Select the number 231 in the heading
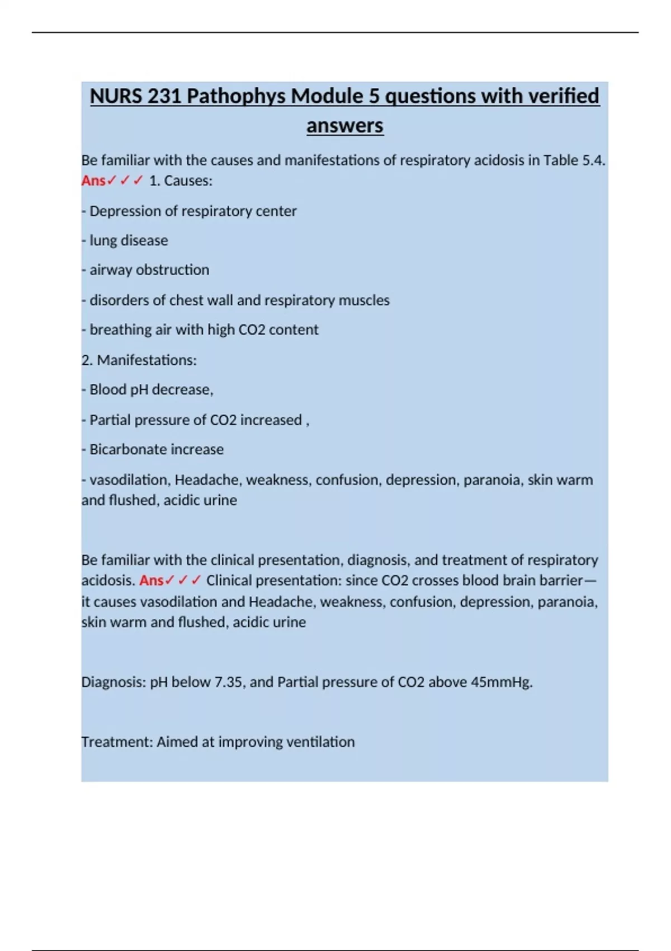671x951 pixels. pos(164,96)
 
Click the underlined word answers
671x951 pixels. pos(344,125)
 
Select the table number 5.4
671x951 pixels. pos(593,161)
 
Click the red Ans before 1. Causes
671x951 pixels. pos(93,181)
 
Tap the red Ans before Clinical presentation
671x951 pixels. pos(152,581)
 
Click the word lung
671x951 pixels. pos(103,241)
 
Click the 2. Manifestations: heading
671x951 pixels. pos(139,360)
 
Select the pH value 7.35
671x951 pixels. pos(229,682)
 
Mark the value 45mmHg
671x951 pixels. pos(502,682)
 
